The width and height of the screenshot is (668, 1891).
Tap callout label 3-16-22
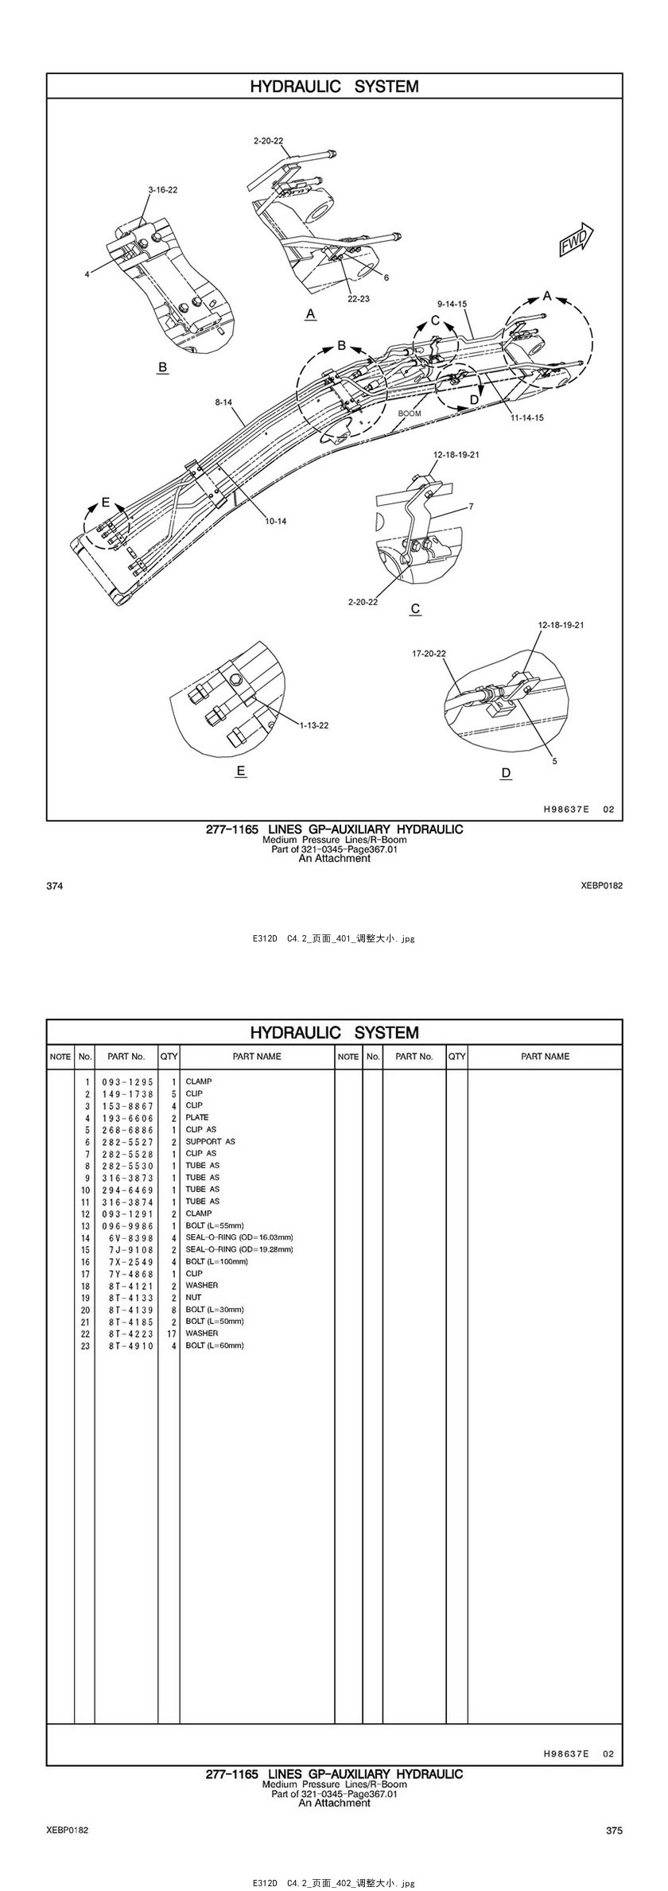162,190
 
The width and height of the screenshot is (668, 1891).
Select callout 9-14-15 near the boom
452,304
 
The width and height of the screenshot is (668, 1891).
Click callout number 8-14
223,403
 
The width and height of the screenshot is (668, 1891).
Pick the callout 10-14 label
276,521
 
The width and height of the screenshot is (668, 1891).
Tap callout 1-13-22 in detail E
314,724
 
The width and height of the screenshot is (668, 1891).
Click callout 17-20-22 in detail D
429,654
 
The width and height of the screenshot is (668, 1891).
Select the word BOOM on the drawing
410,414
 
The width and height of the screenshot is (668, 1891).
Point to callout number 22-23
359,299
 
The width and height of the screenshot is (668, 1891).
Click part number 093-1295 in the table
127,1082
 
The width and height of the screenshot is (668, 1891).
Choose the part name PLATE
197,1117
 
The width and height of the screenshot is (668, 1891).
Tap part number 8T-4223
127,1334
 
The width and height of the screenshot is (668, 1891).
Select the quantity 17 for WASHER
171,1334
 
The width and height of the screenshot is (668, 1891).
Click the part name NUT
193,1297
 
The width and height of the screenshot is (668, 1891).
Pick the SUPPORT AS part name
210,1142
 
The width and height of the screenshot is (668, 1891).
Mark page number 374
55,886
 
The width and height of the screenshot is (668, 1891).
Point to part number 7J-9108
127,1249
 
